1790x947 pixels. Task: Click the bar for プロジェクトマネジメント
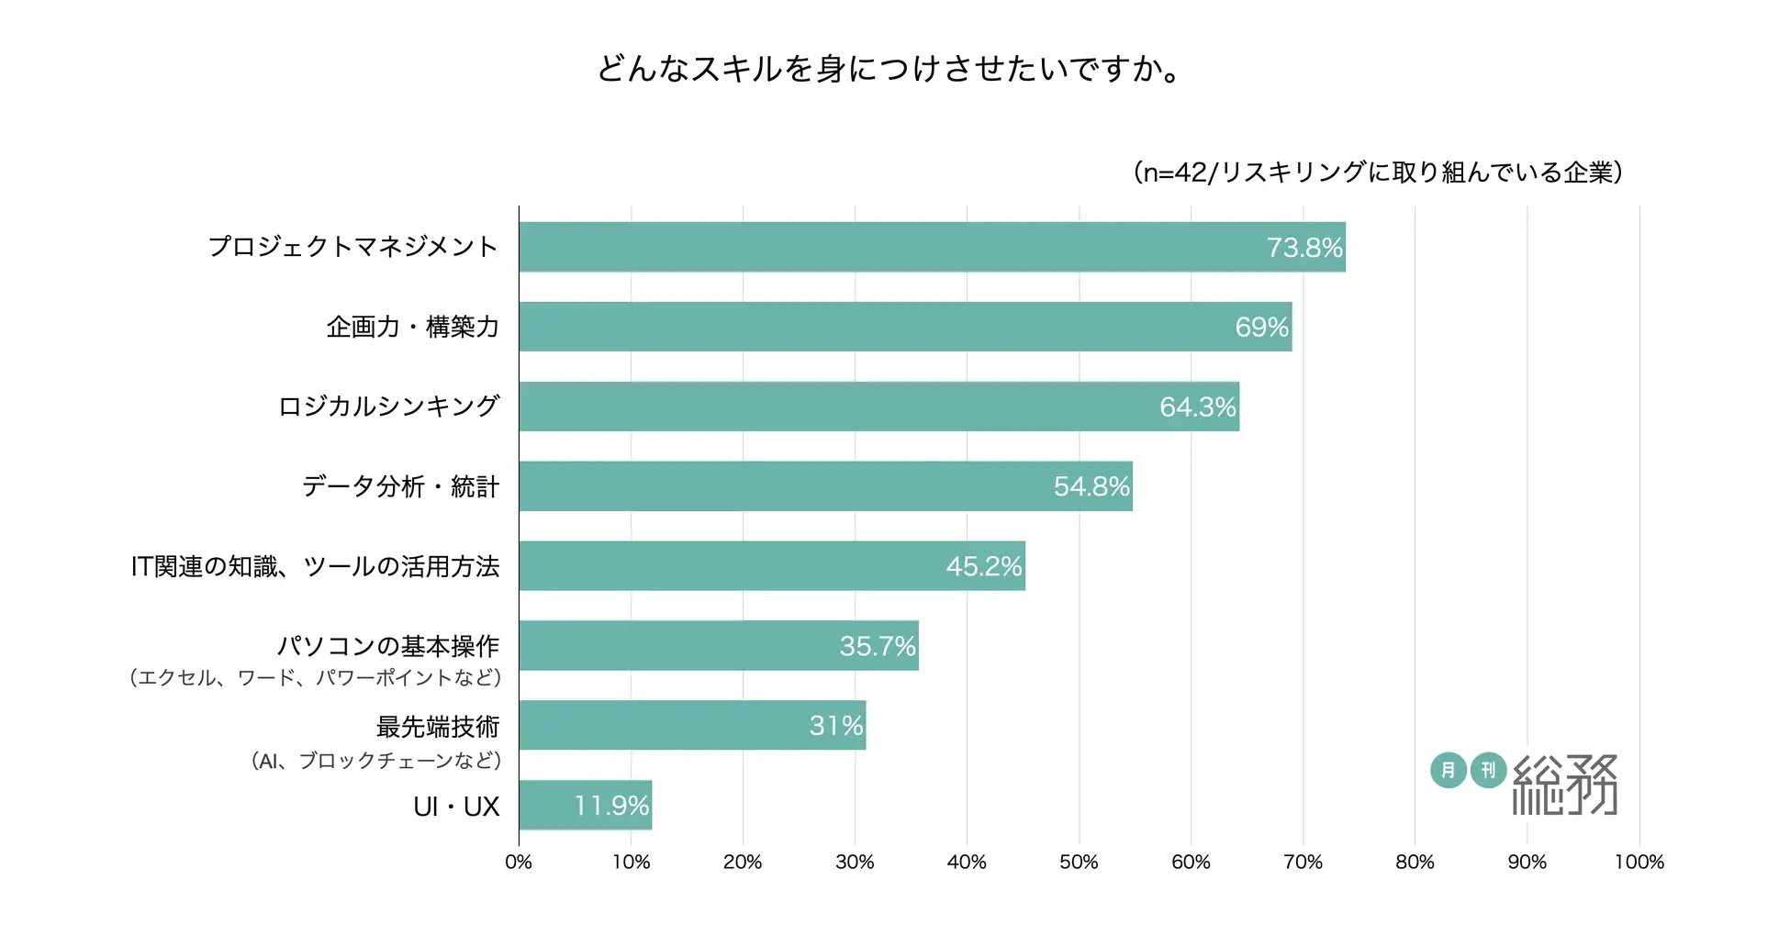click(932, 247)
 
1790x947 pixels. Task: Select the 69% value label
click(1261, 327)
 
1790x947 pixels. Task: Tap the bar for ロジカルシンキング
click(878, 407)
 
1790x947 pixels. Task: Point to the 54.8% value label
click(1091, 486)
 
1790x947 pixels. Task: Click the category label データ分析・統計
click(400, 486)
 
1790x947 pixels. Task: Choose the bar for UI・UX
click(585, 805)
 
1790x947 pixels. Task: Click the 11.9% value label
click(611, 806)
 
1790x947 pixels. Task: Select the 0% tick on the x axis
click(519, 862)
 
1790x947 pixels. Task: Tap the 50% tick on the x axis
click(1079, 862)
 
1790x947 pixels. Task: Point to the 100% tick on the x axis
click(1639, 862)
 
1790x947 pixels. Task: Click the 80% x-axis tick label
click(1415, 862)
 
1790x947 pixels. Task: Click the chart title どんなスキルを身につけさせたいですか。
click(889, 69)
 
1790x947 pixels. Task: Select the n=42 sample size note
click(1378, 173)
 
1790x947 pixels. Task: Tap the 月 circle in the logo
click(1448, 770)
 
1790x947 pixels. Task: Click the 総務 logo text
click(1564, 785)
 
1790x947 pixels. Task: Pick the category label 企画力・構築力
click(412, 327)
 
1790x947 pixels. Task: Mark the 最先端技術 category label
click(438, 727)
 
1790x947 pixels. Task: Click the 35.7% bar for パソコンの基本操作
click(718, 645)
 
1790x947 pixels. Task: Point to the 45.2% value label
click(983, 566)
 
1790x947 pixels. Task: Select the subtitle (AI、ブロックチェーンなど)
click(376, 760)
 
